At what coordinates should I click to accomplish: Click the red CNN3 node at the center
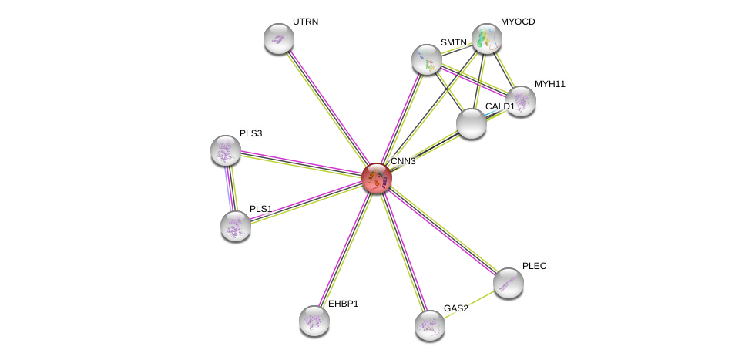click(377, 177)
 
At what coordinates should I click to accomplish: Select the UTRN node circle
click(279, 39)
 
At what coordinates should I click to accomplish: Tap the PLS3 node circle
click(226, 150)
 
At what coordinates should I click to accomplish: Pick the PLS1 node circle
click(236, 226)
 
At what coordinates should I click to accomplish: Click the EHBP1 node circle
click(314, 321)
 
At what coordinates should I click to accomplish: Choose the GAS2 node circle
click(430, 325)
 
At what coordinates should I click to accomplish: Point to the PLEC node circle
click(509, 283)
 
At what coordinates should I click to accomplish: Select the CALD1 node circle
click(472, 123)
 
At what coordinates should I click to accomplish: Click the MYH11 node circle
click(521, 101)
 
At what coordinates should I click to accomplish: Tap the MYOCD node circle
click(487, 39)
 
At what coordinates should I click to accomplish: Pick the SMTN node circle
click(427, 59)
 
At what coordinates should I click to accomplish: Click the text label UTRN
click(305, 22)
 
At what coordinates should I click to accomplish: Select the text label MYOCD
click(517, 22)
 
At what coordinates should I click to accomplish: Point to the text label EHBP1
click(343, 304)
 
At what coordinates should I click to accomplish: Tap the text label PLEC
click(534, 266)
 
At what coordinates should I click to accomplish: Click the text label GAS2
click(455, 308)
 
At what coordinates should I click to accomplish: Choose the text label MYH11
click(549, 84)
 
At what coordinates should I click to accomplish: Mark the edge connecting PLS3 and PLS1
click(230, 188)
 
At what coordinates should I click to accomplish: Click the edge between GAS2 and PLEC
click(469, 304)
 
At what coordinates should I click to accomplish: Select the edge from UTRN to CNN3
click(327, 108)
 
